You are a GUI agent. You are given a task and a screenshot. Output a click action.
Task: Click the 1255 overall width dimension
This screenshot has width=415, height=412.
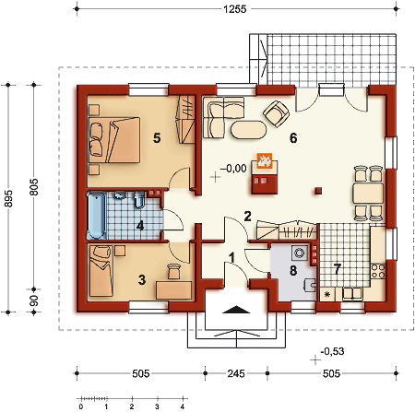(235, 9)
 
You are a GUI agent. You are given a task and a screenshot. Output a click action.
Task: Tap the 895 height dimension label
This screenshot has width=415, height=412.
(8, 198)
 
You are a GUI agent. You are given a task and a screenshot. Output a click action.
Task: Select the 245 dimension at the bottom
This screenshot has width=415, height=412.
(236, 373)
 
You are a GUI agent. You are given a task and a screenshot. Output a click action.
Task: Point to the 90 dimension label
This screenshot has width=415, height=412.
(34, 300)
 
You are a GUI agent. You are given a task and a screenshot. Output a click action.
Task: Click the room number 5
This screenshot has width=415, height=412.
(157, 138)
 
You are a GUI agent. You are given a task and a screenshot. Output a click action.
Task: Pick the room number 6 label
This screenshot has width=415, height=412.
(293, 138)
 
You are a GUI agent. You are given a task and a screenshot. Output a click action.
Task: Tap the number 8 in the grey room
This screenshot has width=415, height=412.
(293, 270)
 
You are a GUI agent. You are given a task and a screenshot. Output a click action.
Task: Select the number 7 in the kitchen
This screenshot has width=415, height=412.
(338, 269)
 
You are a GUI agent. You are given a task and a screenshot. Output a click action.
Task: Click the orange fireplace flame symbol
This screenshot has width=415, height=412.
(265, 160)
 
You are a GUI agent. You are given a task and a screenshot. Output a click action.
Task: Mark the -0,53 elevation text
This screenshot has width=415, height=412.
(332, 351)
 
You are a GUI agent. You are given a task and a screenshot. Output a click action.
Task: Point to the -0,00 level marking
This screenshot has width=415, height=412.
(233, 169)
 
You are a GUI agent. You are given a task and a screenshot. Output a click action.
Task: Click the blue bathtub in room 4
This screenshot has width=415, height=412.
(96, 216)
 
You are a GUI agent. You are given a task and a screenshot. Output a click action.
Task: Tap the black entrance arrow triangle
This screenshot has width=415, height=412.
(236, 310)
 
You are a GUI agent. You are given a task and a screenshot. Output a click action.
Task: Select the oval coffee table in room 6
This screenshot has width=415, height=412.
(248, 130)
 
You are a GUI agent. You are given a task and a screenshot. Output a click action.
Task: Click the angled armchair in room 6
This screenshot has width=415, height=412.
(277, 113)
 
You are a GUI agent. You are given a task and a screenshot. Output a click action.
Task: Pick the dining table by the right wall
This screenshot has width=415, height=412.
(368, 193)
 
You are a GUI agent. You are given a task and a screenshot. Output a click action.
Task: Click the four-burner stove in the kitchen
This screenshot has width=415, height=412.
(378, 271)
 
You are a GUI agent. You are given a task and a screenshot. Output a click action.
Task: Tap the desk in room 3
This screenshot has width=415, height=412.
(174, 290)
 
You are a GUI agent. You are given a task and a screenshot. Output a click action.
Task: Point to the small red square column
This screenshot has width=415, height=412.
(318, 191)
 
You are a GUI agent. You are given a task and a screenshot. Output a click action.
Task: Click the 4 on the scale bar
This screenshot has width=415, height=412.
(183, 407)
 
